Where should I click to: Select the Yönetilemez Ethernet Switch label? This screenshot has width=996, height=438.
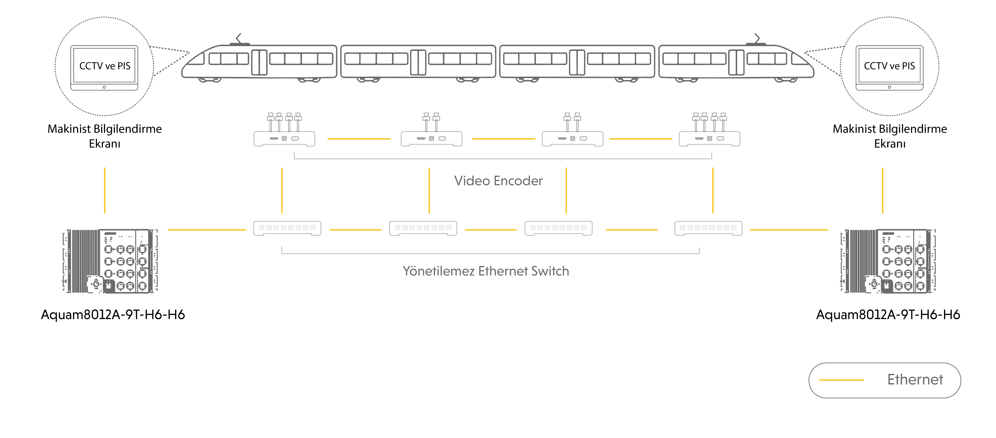click(x=486, y=271)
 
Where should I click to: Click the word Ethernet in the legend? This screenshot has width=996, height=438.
click(x=915, y=380)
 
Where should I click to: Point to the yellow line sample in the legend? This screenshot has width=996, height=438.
click(x=841, y=380)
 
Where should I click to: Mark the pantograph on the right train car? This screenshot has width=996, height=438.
click(x=757, y=39)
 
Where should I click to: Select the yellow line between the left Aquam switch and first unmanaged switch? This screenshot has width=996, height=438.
click(x=207, y=230)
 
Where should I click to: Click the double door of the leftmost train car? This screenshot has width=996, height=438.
click(x=259, y=62)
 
